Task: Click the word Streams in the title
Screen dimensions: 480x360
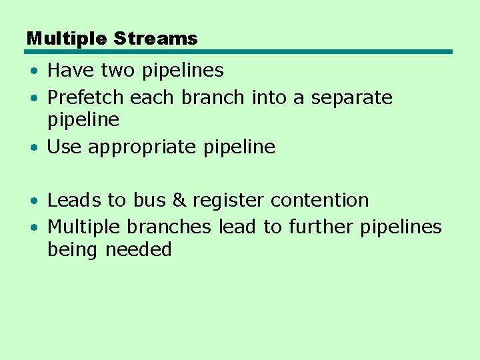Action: coord(155,39)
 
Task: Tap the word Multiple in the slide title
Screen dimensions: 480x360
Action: coord(67,39)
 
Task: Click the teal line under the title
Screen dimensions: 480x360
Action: coord(239,51)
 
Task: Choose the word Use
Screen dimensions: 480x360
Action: coord(64,147)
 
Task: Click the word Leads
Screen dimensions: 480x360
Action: coord(74,200)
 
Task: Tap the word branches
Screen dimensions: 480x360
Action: coord(169,227)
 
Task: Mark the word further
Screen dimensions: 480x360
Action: coord(321,227)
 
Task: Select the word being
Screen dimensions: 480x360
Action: coord(73,250)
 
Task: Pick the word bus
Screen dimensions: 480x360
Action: coord(149,200)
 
